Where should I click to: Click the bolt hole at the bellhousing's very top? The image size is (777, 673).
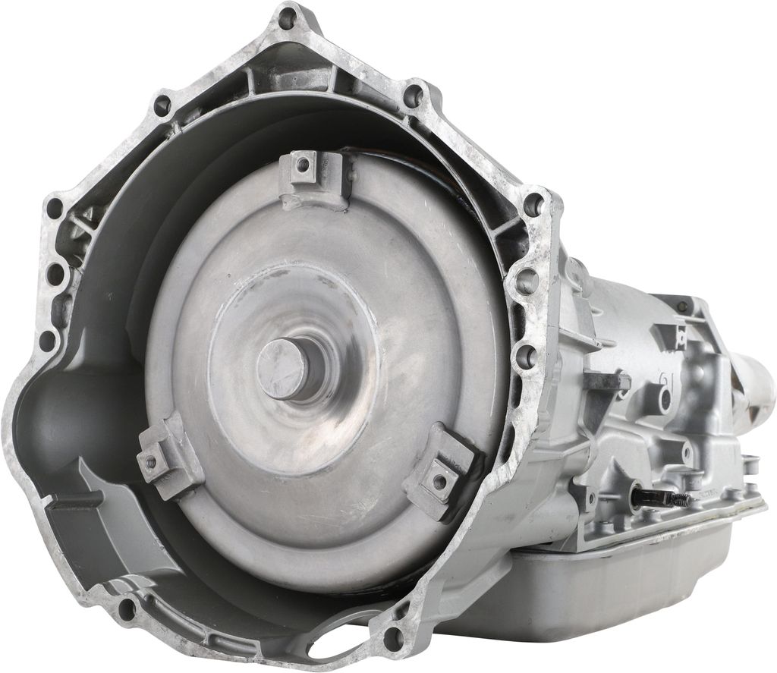tap(287, 20)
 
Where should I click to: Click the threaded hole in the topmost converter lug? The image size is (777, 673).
tap(304, 166)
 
